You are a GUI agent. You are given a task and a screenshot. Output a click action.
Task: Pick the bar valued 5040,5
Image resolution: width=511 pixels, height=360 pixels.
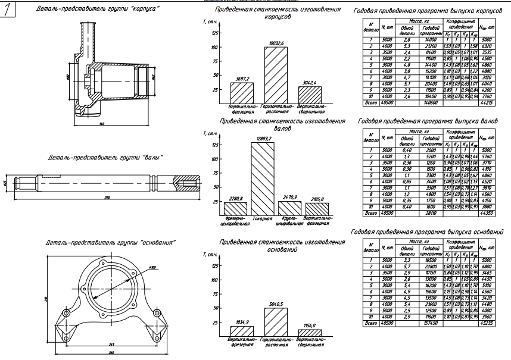tap(276, 323)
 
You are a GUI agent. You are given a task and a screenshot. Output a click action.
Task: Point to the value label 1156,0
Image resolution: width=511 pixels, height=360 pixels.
tap(310, 325)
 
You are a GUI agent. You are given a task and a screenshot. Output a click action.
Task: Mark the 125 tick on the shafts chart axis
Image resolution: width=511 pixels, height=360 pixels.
tap(215, 145)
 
